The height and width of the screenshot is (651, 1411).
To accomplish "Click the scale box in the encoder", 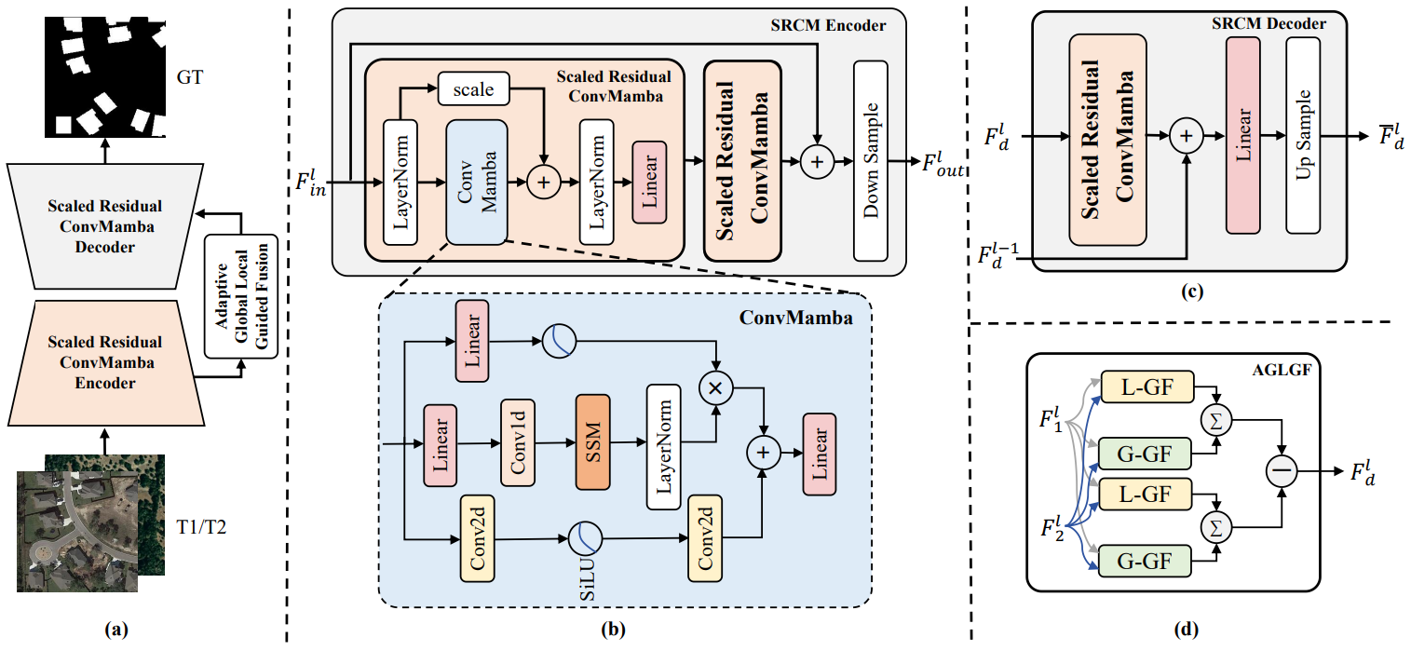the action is point(474,88).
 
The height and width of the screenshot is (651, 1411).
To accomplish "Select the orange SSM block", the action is point(592,442).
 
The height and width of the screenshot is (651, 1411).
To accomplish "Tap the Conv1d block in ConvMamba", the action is point(518,442).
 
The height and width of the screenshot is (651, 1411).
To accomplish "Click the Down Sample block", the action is point(871,160).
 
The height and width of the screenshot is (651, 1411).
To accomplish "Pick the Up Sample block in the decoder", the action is point(1303,135).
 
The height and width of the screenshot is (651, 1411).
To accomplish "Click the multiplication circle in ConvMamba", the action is point(715,387).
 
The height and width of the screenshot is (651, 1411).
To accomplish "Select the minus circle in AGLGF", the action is point(1282,471).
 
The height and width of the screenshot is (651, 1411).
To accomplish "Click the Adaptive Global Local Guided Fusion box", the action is point(241,296).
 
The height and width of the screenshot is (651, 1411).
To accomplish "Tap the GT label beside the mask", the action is point(190,77).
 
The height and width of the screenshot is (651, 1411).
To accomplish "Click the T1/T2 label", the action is point(201,526).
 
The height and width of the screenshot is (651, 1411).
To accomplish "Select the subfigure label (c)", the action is point(1192,291).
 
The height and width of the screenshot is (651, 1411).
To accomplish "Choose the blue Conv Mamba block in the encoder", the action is point(477,182).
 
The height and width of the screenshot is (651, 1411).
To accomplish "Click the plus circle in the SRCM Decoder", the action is point(1187,136).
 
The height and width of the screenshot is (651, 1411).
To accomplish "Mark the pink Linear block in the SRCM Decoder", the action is point(1242,135).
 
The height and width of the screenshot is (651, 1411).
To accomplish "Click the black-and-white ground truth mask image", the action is point(105,77).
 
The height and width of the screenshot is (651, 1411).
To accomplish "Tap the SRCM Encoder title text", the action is point(828,25).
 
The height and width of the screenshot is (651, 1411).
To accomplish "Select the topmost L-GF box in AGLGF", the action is point(1147,387).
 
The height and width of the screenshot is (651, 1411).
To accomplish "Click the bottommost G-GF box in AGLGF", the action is point(1145,561).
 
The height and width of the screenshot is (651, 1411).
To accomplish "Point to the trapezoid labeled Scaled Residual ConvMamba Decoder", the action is point(105,226).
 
